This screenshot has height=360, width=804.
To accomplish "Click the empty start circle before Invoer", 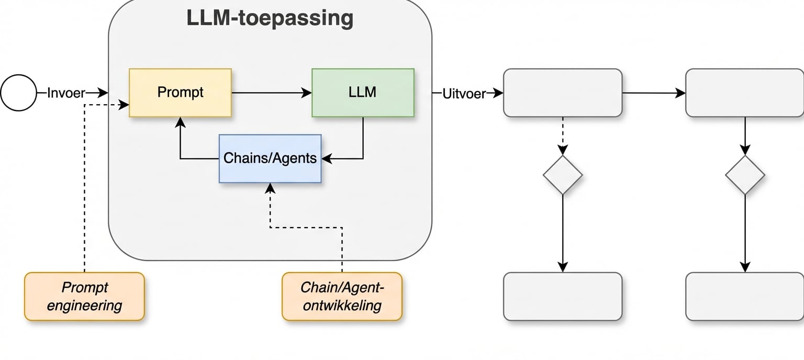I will pyautogui.click(x=19, y=93).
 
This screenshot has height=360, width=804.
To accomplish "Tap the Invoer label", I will pyautogui.click(x=66, y=93).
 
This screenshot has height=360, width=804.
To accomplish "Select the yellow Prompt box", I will pyautogui.click(x=180, y=93).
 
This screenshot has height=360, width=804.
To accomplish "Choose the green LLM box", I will pyautogui.click(x=362, y=93).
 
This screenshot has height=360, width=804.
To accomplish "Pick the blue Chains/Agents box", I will pyautogui.click(x=270, y=158).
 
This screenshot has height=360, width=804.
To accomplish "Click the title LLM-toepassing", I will pyautogui.click(x=270, y=18).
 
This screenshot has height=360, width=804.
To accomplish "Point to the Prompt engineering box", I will pyautogui.click(x=84, y=296).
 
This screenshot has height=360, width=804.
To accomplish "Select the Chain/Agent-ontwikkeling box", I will pyautogui.click(x=342, y=296).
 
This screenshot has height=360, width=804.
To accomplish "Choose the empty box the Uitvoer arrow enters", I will pyautogui.click(x=563, y=93).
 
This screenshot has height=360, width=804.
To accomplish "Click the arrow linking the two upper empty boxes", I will pyautogui.click(x=654, y=93).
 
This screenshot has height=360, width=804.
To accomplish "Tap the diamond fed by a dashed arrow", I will pyautogui.click(x=563, y=175).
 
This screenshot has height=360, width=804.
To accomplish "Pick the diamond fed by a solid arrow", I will pyautogui.click(x=745, y=175).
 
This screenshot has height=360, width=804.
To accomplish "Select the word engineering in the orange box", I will pyautogui.click(x=84, y=306).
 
